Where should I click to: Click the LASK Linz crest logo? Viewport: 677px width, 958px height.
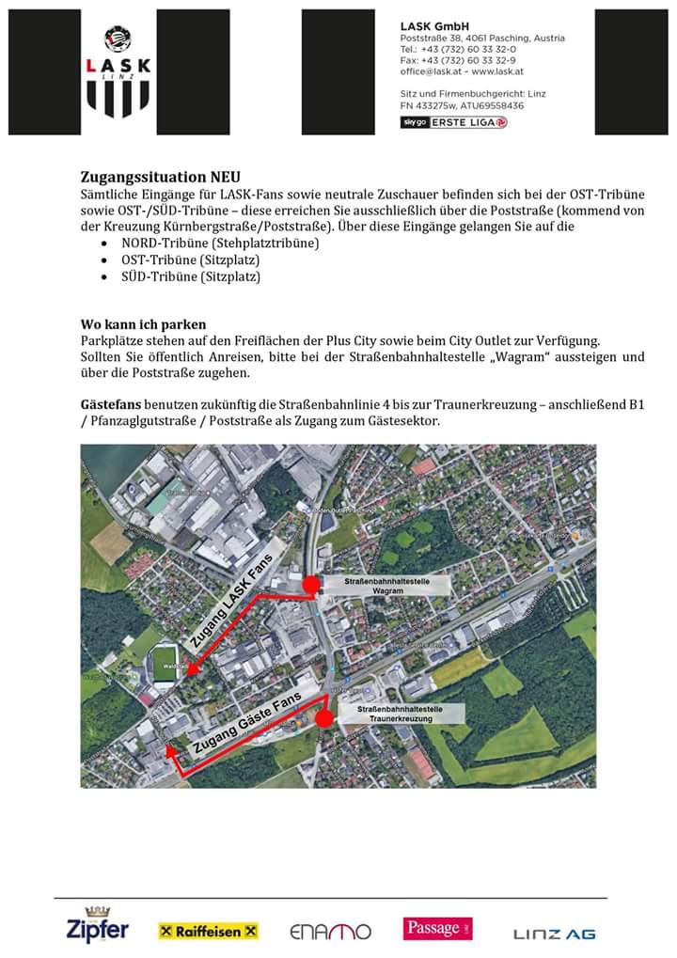[x=118, y=71]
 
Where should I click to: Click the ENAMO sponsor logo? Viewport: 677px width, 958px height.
[x=330, y=932]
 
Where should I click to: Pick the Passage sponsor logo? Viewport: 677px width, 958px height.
[x=437, y=929]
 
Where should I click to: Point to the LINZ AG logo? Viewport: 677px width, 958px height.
[x=554, y=933]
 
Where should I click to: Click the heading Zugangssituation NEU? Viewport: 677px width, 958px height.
[x=160, y=176]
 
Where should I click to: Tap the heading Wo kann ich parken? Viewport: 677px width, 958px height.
[x=143, y=323]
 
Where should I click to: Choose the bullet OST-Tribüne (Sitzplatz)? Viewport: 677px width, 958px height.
[x=190, y=259]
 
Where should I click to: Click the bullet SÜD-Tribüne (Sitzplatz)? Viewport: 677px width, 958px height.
[x=190, y=276]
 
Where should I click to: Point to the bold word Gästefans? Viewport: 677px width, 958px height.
[x=110, y=404]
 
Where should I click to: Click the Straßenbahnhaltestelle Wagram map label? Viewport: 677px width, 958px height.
[x=388, y=586]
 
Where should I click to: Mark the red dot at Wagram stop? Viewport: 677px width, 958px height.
[x=310, y=586]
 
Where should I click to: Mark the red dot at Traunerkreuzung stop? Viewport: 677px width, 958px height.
[x=323, y=719]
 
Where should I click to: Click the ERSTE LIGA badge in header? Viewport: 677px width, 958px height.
[x=454, y=122]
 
